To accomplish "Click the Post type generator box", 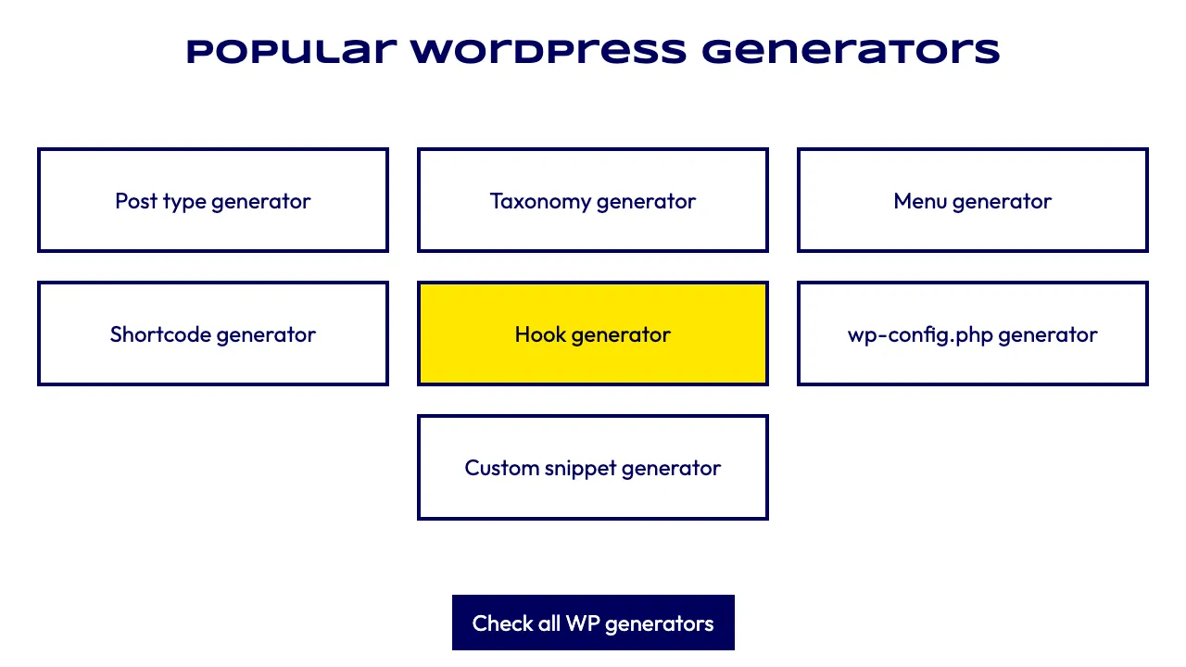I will (213, 200).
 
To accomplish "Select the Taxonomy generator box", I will (593, 200).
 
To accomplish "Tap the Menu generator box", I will (973, 200).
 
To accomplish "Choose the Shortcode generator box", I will (213, 333).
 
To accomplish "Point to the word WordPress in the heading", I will (549, 51).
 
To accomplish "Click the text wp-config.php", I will (920, 335).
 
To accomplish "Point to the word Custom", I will (502, 468).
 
